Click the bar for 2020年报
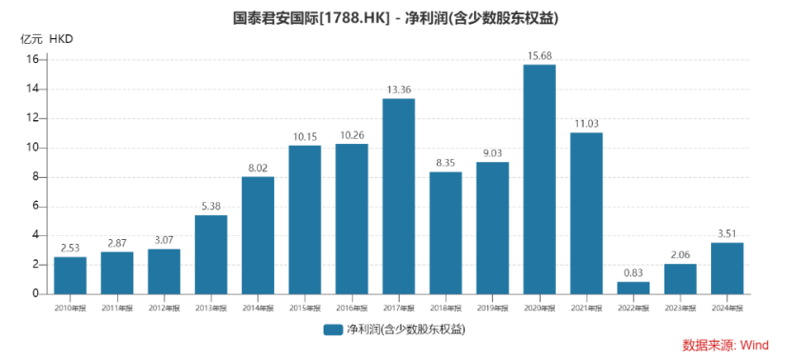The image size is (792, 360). (539, 179)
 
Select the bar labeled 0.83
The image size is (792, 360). (633, 288)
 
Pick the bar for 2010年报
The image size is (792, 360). (69, 275)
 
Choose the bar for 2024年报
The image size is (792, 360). (727, 269)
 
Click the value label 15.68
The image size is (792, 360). (539, 54)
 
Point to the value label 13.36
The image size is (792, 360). (398, 89)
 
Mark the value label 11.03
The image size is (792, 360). (586, 123)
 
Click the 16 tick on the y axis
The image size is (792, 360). (31, 60)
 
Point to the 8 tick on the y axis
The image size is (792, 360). (34, 177)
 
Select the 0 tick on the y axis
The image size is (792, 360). (34, 294)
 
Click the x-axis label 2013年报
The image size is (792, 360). (210, 308)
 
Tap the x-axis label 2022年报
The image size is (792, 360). (633, 308)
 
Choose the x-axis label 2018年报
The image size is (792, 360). (445, 308)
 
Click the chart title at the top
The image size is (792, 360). (395, 17)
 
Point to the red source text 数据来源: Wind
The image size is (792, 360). (724, 345)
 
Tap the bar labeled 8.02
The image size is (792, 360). (257, 235)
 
